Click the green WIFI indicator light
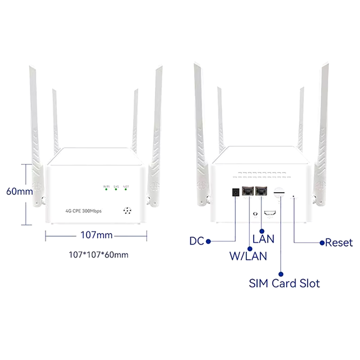point(106,189)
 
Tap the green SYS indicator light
point(116,189)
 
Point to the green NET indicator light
point(126,189)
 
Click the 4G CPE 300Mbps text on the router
point(84,211)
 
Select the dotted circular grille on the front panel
point(127,211)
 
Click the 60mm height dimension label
point(20,192)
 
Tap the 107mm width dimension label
point(97,235)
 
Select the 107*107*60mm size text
point(98,255)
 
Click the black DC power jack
point(236,192)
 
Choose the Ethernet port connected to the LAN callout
point(261,191)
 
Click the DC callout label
point(196,241)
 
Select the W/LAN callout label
point(248,256)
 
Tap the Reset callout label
point(339,243)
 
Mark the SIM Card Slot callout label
point(284,283)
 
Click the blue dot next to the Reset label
point(322,243)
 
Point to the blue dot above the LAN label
point(262,230)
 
